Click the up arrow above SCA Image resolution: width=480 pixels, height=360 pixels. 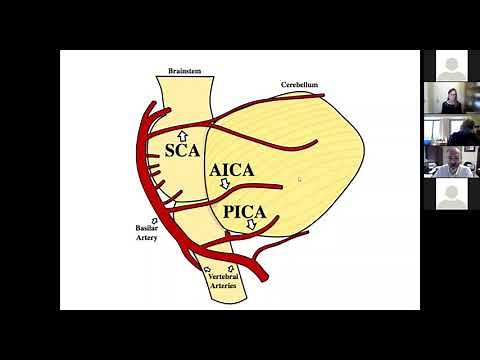(x=182, y=135)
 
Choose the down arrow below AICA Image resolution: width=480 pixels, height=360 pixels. (x=226, y=185)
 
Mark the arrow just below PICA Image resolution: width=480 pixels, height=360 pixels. (x=251, y=225)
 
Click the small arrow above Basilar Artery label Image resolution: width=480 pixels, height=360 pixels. (x=153, y=220)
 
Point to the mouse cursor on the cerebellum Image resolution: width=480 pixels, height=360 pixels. (x=298, y=180)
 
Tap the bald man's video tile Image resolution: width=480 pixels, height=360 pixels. (x=451, y=161)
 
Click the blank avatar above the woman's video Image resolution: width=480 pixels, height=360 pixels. (x=451, y=66)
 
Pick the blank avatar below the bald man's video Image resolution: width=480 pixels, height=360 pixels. (x=451, y=193)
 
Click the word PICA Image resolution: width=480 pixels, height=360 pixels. (x=246, y=211)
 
